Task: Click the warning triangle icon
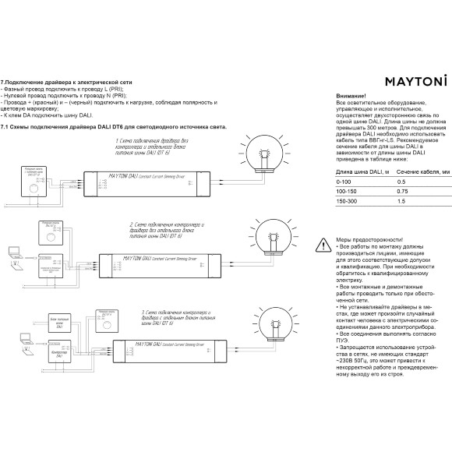[x=323, y=245]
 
